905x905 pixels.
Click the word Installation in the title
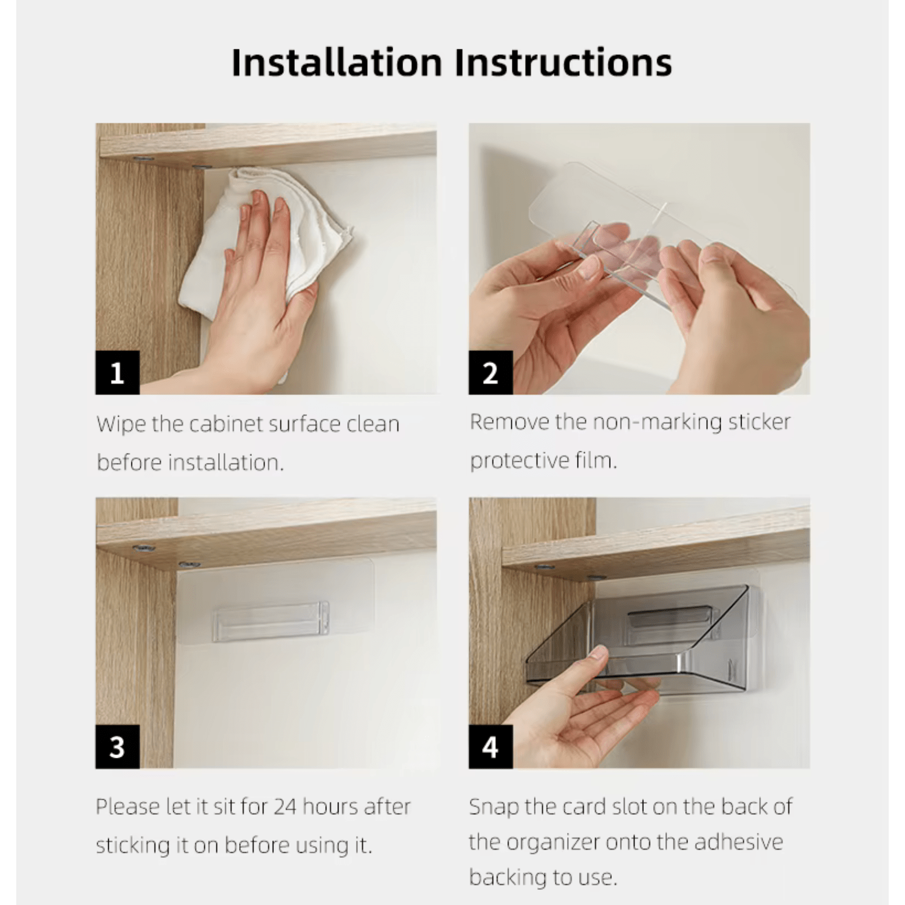click(x=337, y=62)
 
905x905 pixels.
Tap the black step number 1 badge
click(x=117, y=373)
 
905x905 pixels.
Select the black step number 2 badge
click(x=490, y=373)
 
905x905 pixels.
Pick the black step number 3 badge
click(x=117, y=747)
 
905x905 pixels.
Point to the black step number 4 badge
click(x=490, y=747)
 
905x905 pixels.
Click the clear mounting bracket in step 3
click(x=271, y=621)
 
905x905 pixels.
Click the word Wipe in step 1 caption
click(x=121, y=424)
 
